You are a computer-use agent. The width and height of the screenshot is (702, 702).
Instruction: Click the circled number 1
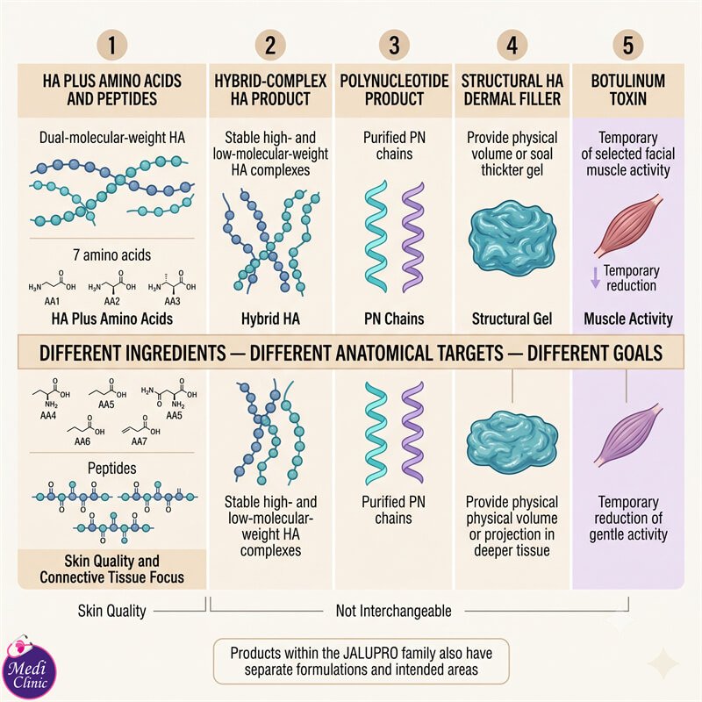click(x=112, y=46)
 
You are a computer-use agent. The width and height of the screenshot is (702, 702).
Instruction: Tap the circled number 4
click(x=512, y=46)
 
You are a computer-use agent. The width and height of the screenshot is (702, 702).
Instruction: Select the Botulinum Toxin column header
click(x=628, y=90)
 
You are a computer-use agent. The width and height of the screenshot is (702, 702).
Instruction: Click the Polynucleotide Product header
click(x=394, y=90)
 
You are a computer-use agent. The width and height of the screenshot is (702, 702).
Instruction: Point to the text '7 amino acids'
click(x=112, y=254)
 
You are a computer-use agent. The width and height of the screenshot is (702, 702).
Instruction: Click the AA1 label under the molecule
click(x=52, y=301)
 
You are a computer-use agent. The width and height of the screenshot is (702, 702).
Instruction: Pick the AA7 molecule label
click(x=139, y=441)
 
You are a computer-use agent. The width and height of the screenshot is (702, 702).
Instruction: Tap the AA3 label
click(x=172, y=301)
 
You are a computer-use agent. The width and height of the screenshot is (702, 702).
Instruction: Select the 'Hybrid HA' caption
click(x=270, y=319)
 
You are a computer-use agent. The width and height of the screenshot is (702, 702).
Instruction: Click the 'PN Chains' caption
click(x=394, y=319)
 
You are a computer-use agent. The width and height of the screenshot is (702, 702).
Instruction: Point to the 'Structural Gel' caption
click(x=512, y=319)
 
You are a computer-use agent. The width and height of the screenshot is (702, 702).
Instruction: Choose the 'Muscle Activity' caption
click(x=628, y=319)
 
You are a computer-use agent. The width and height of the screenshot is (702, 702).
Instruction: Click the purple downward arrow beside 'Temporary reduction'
click(x=595, y=277)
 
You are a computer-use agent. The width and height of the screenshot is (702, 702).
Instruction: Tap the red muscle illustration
click(x=628, y=226)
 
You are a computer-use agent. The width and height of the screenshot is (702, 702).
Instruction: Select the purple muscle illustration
click(x=628, y=435)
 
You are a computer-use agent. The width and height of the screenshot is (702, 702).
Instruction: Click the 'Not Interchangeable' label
click(x=393, y=611)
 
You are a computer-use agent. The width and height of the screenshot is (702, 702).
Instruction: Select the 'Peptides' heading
click(x=112, y=469)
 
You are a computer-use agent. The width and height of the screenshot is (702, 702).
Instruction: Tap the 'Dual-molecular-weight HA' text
click(x=112, y=138)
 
